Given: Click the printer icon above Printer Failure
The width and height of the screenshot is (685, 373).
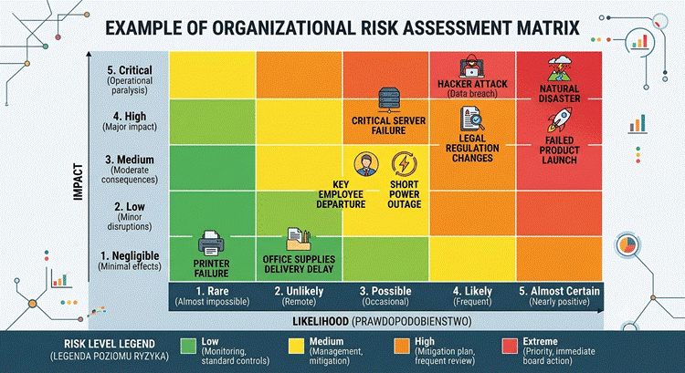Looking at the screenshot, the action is click(212, 243).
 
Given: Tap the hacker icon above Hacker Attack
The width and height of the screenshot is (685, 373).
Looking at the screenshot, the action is click(472, 67).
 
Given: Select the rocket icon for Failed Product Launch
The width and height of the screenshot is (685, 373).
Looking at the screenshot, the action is click(560, 120).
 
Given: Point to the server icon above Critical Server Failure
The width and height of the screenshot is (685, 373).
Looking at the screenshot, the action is click(388, 100).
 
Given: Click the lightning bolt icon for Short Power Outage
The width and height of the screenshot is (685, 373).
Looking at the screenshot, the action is click(405, 164).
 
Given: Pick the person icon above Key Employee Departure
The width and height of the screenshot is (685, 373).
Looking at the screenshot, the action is click(366, 164).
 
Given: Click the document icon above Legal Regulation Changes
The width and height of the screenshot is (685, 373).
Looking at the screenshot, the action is click(472, 119).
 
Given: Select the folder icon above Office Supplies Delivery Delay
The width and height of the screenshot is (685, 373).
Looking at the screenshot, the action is click(299, 239).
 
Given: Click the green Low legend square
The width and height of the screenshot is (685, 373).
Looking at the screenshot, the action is click(188, 346).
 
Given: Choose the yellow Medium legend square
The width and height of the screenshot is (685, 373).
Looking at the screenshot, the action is click(296, 346).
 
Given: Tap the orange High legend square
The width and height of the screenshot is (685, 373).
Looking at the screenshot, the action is click(402, 346).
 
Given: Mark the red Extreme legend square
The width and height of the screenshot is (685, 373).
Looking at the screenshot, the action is click(510, 346).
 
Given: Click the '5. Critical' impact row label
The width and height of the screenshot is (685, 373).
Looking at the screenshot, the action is click(130, 70).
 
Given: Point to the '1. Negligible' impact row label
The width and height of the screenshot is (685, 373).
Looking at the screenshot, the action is click(130, 255).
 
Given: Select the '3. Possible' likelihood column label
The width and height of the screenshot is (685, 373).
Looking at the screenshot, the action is click(385, 291).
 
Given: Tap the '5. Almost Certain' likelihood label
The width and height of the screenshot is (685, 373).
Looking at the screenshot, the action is click(559, 291).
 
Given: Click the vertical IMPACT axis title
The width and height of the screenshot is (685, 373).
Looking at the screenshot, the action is click(79, 181).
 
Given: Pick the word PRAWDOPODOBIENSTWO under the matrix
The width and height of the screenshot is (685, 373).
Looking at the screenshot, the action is click(412, 322).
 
